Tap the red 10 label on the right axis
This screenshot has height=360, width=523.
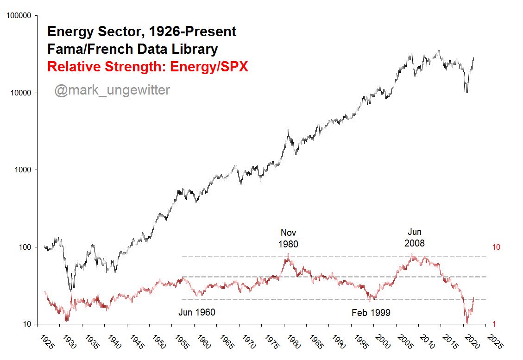click(x=496, y=247)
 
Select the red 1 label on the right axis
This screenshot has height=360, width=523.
click(x=494, y=324)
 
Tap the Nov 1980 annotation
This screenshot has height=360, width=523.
click(x=288, y=238)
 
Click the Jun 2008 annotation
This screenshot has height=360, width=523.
click(x=415, y=237)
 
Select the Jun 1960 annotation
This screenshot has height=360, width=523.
click(x=197, y=313)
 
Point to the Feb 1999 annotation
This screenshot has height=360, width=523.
click(x=371, y=313)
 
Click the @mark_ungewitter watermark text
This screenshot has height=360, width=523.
click(x=112, y=90)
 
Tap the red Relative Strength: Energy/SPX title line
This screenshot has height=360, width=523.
click(x=148, y=67)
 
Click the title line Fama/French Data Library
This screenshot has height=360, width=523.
click(x=132, y=49)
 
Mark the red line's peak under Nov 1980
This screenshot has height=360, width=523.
click(x=288, y=254)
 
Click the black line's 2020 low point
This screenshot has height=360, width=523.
click(x=466, y=92)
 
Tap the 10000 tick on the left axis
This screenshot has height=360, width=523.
click(x=21, y=93)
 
